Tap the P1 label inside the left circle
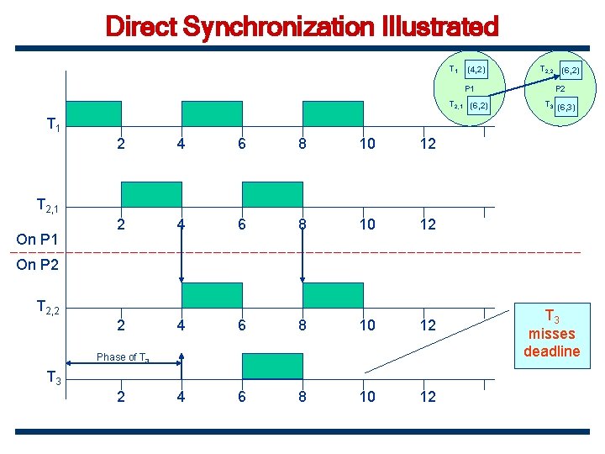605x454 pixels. [470, 87]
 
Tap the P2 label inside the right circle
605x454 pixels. [559, 87]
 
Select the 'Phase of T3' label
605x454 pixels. [123, 357]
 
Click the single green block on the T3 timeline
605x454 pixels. [260, 366]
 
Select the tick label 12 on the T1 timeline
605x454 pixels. [428, 144]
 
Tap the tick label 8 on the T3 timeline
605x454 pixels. [302, 396]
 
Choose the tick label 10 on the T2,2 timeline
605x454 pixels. [367, 325]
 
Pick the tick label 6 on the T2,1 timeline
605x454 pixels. [242, 224]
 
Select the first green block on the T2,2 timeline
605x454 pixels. [212, 295]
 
